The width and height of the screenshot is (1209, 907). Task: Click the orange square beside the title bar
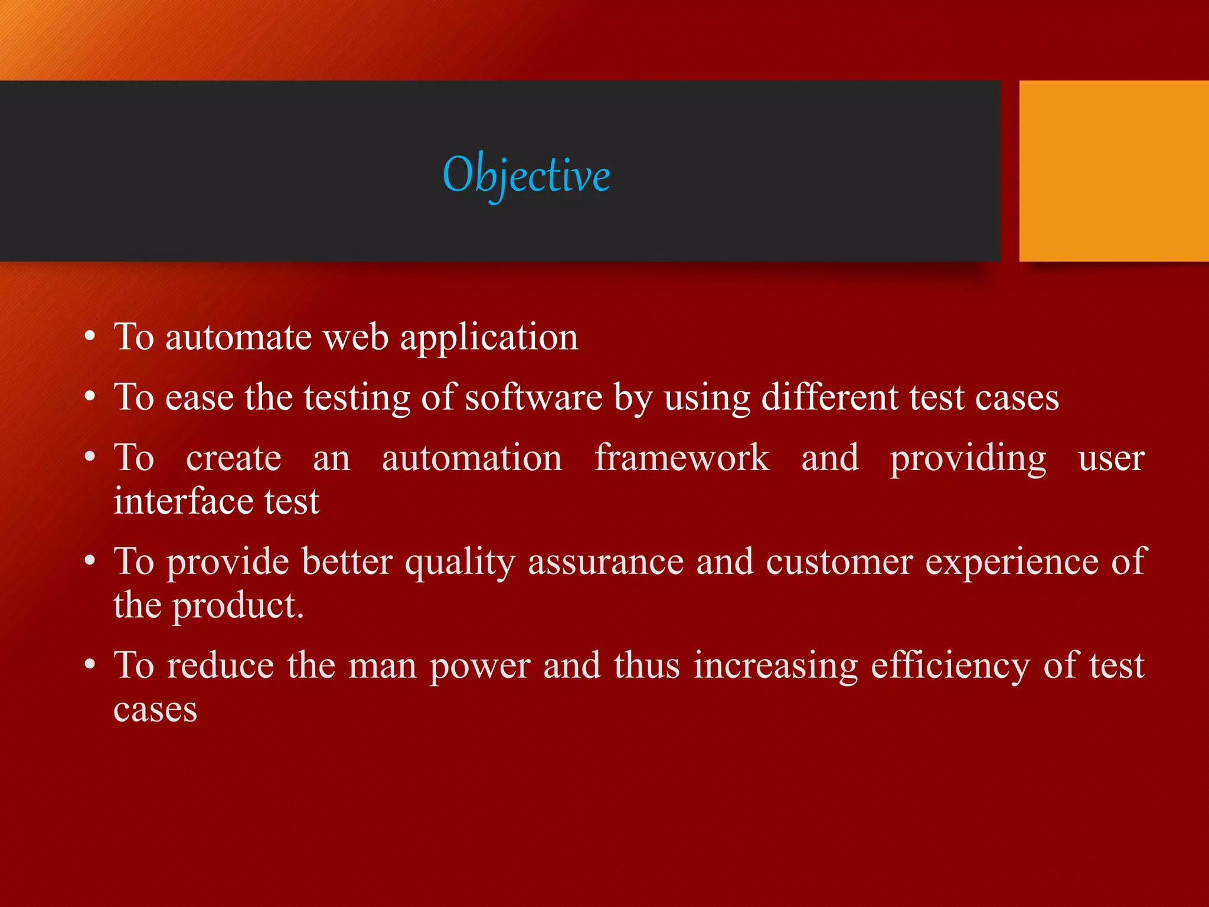pyautogui.click(x=1113, y=171)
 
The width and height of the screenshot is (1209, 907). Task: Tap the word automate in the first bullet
pyautogui.click(x=238, y=337)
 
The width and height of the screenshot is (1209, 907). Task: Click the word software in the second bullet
pyautogui.click(x=534, y=397)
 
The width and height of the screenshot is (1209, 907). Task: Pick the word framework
pyautogui.click(x=681, y=458)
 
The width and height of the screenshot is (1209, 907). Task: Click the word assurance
pyautogui.click(x=606, y=562)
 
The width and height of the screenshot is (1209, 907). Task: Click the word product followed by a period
pyautogui.click(x=237, y=606)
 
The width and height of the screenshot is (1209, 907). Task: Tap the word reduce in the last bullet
pyautogui.click(x=220, y=665)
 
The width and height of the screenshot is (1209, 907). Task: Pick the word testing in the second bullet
pyautogui.click(x=357, y=398)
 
